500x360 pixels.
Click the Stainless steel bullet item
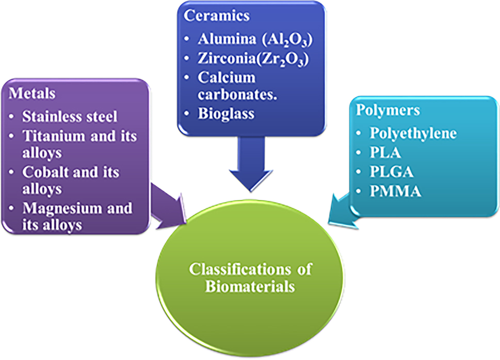70,116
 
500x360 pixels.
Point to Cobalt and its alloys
70,179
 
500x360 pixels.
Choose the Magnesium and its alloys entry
76,216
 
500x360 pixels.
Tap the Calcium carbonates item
232,86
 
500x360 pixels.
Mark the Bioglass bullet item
226,113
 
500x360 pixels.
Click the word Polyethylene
413,133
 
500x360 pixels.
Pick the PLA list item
384,153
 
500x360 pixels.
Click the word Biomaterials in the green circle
250,286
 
